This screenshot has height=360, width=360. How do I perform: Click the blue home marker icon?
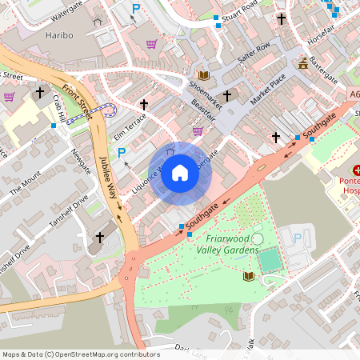pos(180,173)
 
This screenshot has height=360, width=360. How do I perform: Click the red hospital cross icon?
pos(358,170)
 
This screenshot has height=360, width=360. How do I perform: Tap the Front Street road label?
pos(77,102)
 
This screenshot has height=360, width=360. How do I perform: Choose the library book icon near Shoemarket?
pos(204,75)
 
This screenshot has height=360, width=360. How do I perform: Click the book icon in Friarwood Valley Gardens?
pos(248,277)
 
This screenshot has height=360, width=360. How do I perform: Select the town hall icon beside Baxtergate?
pos(302,63)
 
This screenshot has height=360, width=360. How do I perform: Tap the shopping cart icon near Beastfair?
pos(198,130)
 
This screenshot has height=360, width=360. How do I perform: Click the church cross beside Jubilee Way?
pos(100,238)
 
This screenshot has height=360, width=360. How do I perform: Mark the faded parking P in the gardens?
pos(298,238)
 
